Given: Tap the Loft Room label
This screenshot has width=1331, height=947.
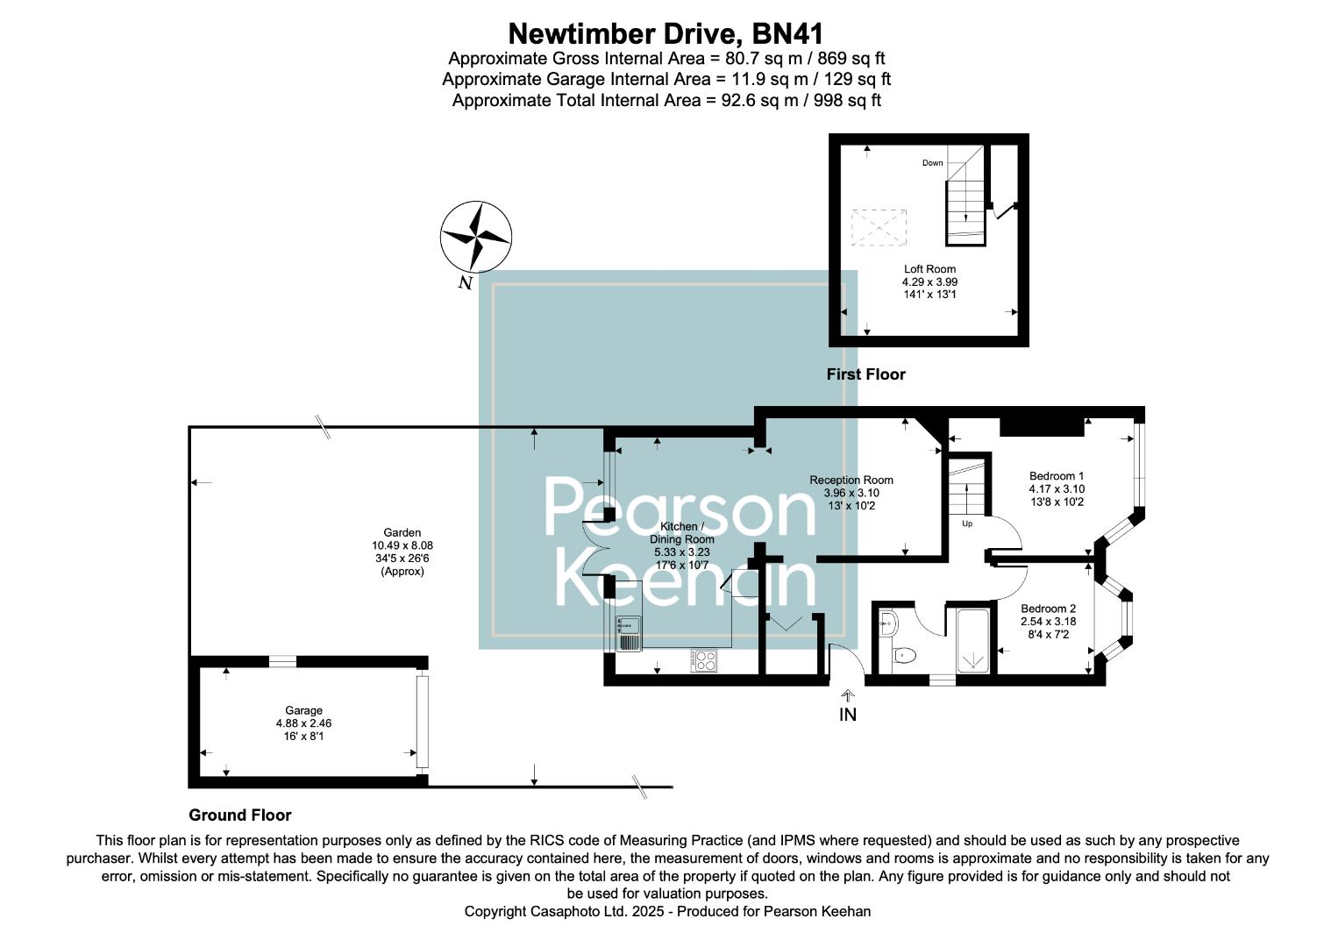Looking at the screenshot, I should pos(929,281).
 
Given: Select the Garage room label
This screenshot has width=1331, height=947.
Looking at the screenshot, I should pos(303,723).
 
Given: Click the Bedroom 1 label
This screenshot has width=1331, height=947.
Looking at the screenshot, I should pos(1057,489).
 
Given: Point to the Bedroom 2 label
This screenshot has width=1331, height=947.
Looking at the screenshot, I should pos(1048,621).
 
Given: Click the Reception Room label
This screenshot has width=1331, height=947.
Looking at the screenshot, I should pos(851,493).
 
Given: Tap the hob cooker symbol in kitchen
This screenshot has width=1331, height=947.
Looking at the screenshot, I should pos(704,660).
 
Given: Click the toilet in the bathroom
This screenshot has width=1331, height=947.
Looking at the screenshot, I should pos(903,654).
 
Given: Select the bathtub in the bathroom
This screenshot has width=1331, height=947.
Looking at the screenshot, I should pos(972,640).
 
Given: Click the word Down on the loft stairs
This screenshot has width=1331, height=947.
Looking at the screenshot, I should pos(932,163).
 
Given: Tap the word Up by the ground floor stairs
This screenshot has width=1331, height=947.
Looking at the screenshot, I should pos(967,524).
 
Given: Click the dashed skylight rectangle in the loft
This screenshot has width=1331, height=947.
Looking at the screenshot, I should pos(879,227).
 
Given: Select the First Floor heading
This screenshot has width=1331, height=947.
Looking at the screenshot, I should pos(865,374).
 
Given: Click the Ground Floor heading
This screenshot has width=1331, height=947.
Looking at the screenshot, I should pos(239,815).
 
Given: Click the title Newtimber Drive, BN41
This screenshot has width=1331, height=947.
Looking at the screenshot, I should pos(666,34).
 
